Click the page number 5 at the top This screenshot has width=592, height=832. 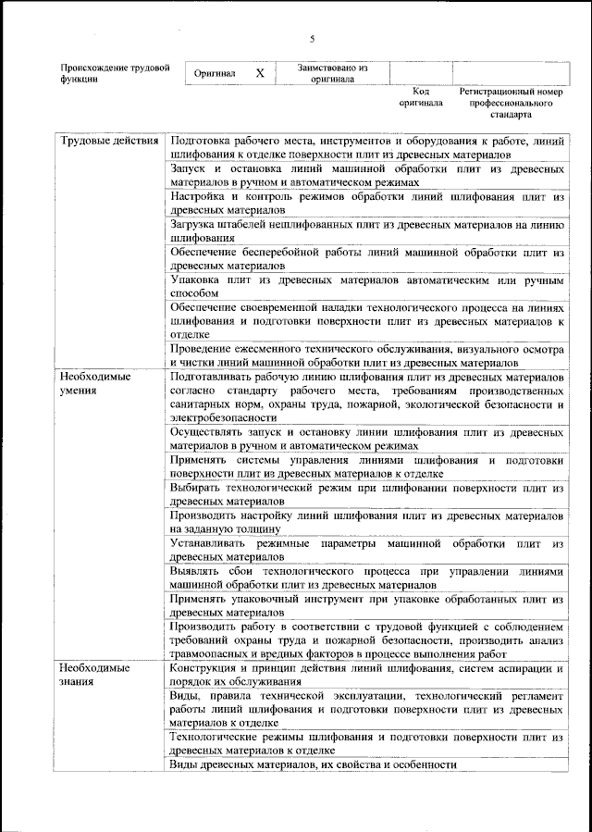pos(312,39)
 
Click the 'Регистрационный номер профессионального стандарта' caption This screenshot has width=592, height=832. pos(511,105)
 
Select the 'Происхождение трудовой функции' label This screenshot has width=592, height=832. pos(115,74)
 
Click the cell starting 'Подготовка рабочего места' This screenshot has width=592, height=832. pos(366,147)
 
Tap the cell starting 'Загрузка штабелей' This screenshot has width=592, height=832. pos(366,230)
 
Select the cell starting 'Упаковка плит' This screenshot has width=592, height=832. pos(366,286)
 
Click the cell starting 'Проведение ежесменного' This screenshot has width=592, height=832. pos(366,355)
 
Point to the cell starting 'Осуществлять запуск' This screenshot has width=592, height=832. pos(366,439)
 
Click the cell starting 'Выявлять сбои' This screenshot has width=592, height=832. pos(366,578)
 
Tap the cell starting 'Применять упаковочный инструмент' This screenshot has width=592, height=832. pos(366,605)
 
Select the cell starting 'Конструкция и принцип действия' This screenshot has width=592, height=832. pos(366,674)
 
